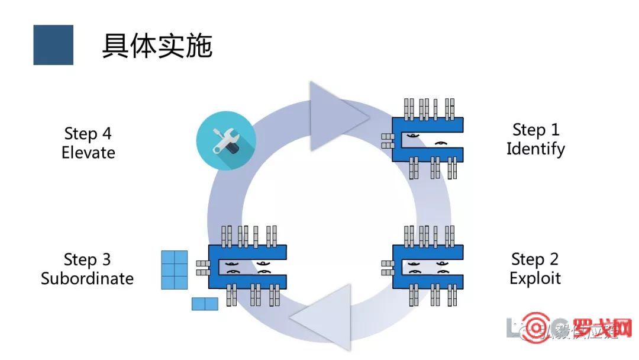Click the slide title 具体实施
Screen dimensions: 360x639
click(x=157, y=46)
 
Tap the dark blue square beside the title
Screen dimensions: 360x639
click(x=53, y=45)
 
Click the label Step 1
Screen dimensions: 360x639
click(x=535, y=130)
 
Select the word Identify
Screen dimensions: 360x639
click(x=535, y=149)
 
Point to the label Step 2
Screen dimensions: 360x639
click(x=534, y=259)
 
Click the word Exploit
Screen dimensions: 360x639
click(x=535, y=278)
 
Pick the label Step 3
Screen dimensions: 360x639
click(x=87, y=260)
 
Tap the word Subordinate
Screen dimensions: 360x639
click(x=87, y=278)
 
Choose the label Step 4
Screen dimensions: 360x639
click(x=88, y=133)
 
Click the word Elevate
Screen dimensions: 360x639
click(x=88, y=152)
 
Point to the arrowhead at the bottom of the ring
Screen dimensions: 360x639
click(x=322, y=317)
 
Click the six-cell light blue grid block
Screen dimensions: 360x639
click(x=175, y=270)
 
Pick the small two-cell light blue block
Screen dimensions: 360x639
click(x=205, y=304)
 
